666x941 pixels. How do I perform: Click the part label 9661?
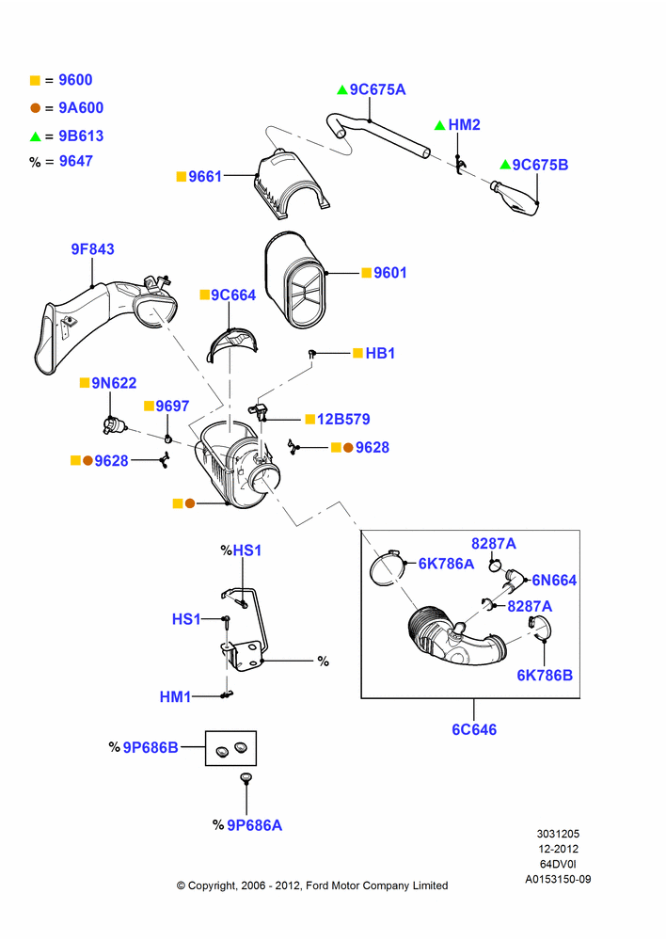(x=205, y=177)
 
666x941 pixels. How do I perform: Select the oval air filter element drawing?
(x=295, y=280)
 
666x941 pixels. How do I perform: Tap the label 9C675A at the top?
(x=377, y=89)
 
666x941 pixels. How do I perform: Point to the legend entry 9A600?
(x=81, y=108)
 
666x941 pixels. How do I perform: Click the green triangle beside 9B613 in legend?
(x=36, y=136)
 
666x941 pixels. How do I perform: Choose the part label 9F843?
(x=92, y=249)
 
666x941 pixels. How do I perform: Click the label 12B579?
(x=343, y=419)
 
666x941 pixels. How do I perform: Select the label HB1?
(x=380, y=353)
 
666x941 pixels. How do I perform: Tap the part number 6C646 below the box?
(x=474, y=730)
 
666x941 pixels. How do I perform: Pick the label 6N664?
(x=554, y=581)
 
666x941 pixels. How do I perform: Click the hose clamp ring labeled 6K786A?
(x=386, y=567)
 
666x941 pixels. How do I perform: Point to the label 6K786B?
(x=545, y=675)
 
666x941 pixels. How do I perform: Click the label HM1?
(x=175, y=696)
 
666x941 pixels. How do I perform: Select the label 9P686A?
(x=254, y=826)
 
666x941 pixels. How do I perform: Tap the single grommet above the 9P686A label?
(x=246, y=778)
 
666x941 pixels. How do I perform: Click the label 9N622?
(x=114, y=383)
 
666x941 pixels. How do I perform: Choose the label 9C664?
(x=233, y=295)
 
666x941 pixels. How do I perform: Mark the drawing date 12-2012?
(x=558, y=849)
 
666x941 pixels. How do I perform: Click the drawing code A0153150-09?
(x=558, y=879)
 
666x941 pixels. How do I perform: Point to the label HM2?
(x=465, y=125)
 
